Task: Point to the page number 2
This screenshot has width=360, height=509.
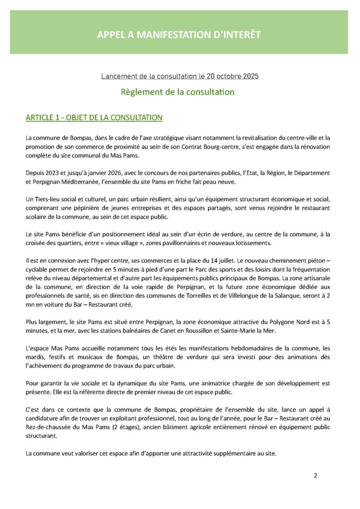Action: click(x=315, y=475)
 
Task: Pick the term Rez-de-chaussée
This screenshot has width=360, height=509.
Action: click(x=48, y=427)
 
